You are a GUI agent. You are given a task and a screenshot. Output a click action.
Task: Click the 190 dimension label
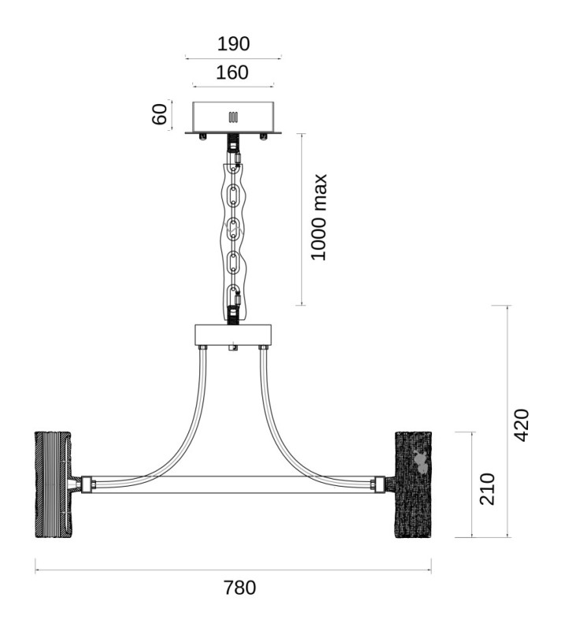pos(233,43)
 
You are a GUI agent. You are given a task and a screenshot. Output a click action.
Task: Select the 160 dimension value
pos(232,73)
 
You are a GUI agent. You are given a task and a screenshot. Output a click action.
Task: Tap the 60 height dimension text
pos(160,114)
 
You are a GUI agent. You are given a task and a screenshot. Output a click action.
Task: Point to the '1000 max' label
pos(319,218)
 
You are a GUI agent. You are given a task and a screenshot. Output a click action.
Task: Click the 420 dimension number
pos(522,425)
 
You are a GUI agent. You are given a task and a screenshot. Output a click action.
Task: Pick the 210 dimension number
pos(487,489)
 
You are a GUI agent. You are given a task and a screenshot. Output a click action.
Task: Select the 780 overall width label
pos(240,588)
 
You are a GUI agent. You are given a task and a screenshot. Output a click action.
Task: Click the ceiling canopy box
pos(233,117)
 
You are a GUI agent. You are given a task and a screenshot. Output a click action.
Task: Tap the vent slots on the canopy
pos(233,117)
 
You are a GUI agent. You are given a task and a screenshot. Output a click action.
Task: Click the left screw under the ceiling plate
pos(203,136)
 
